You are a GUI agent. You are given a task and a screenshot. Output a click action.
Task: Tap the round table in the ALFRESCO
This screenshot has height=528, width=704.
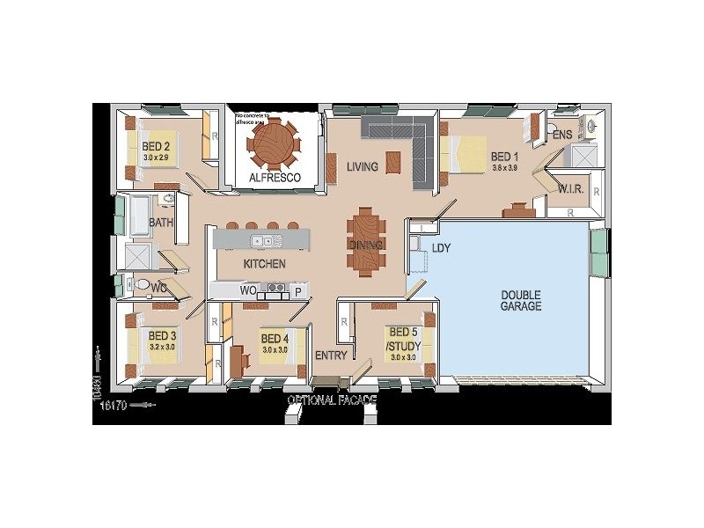tap(272, 143)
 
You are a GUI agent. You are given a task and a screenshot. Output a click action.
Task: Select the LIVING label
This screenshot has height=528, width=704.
tap(362, 166)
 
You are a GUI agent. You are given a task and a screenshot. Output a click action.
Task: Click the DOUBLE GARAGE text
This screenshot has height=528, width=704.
tap(521, 300)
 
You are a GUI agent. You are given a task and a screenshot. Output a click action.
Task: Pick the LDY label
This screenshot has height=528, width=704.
tap(441, 249)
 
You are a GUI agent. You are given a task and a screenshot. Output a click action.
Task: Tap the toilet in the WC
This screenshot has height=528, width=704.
tap(132, 284)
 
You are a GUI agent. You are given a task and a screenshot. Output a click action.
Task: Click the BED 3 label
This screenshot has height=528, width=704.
tap(162, 336)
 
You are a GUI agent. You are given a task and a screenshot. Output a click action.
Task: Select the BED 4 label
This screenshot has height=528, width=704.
tap(275, 339)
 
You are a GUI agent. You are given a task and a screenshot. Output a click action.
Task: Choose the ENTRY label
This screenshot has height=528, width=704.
tap(331, 356)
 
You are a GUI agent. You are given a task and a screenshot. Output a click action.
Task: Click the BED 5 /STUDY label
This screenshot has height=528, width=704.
tap(405, 338)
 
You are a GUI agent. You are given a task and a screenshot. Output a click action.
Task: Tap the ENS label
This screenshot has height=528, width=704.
tap(562, 135)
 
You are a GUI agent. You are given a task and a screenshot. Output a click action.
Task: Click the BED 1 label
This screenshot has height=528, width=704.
tap(504, 158)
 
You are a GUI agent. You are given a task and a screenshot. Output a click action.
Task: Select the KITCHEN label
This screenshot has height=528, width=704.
tap(264, 263)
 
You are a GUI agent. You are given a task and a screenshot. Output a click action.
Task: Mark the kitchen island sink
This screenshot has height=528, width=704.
tap(261, 240)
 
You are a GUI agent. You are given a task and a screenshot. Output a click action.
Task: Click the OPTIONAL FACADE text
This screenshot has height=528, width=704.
tap(333, 400)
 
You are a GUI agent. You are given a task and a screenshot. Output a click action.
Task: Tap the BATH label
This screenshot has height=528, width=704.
tap(161, 223)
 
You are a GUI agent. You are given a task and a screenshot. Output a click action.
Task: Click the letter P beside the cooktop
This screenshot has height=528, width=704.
tap(298, 290)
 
